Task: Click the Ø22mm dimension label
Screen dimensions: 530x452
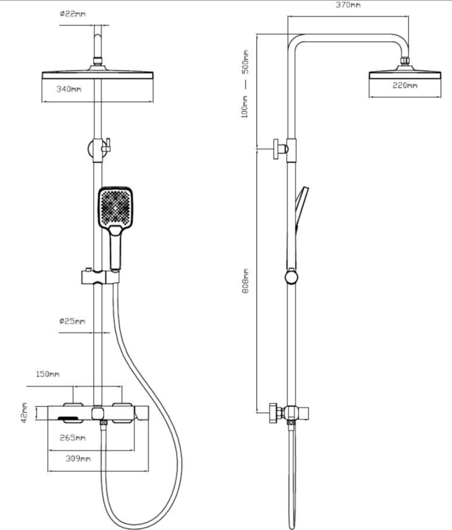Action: click(x=72, y=14)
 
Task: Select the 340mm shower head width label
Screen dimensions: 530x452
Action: click(x=69, y=89)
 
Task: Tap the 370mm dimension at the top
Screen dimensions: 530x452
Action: click(x=349, y=5)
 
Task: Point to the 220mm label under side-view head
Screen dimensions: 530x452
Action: click(x=404, y=85)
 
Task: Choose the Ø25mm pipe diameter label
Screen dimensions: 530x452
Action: click(x=72, y=321)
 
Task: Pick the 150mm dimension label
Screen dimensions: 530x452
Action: click(x=47, y=374)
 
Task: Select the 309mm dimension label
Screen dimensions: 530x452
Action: click(x=78, y=459)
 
